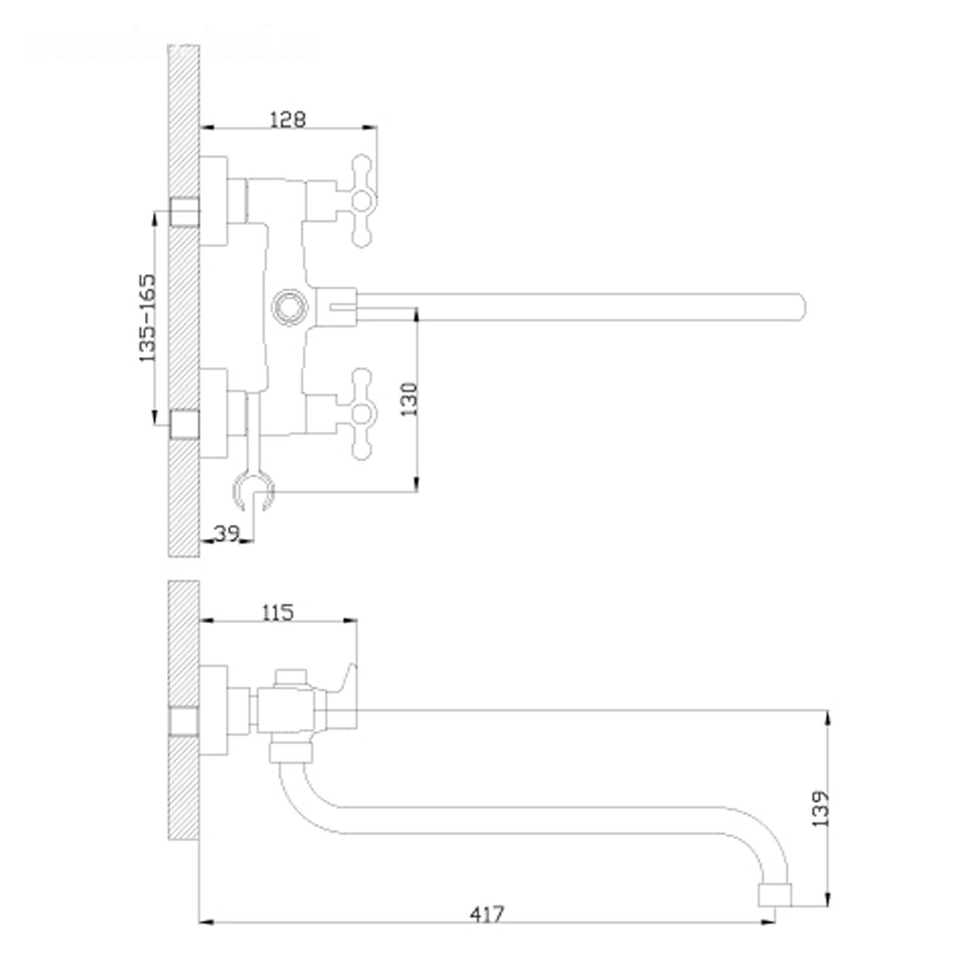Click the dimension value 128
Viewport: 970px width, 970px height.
(287, 119)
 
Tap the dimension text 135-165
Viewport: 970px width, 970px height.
(147, 318)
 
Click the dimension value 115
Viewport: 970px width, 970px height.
(278, 612)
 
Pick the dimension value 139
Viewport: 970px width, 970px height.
(820, 808)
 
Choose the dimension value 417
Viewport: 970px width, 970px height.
(487, 914)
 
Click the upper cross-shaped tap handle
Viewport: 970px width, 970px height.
(362, 200)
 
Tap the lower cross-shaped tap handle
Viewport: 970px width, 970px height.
(362, 414)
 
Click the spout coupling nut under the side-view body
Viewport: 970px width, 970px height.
(291, 752)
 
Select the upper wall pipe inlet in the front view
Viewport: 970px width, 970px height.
(184, 212)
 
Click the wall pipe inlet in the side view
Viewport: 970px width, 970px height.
(184, 721)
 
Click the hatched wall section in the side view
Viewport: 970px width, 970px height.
(184, 788)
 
